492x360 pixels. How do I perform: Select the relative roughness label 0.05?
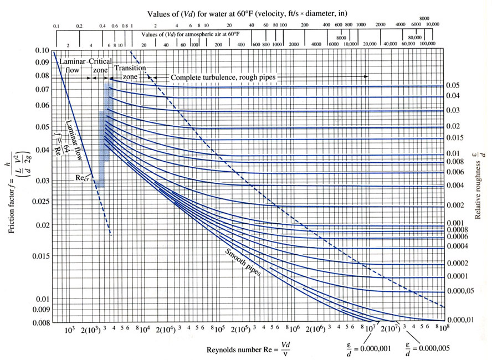(453, 85)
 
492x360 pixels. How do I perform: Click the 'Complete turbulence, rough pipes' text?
(222, 78)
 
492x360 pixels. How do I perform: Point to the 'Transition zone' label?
(130, 71)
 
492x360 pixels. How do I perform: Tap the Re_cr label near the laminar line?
(83, 179)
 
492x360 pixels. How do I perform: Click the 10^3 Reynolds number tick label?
(69, 330)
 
